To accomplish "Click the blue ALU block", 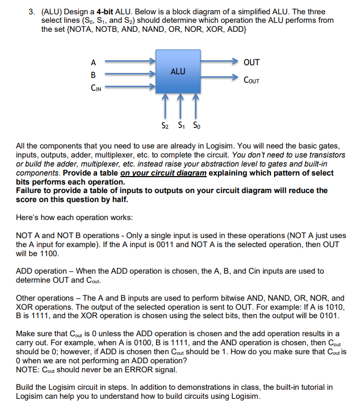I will coord(178,72).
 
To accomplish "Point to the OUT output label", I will coord(251,62).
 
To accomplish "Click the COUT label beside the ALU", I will coord(251,81).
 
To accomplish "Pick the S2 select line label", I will coord(165,126).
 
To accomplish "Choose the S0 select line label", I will coord(196,126).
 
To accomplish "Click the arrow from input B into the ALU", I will coord(129,75).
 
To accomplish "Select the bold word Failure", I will coord(31,190).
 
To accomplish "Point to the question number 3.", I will coord(20,12).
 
